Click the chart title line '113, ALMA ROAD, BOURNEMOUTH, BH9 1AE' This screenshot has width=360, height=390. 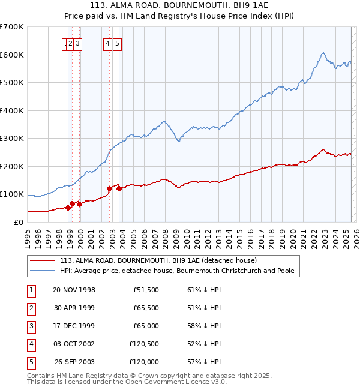180,5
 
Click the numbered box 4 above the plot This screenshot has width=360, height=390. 107,43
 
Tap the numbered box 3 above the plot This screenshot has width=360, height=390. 79,43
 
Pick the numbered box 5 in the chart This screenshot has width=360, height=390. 117,43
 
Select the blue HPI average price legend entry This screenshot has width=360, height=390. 177,271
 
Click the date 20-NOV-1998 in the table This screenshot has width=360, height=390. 74,290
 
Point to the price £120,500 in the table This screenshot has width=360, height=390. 143,344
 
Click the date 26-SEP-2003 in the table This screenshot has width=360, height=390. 74,362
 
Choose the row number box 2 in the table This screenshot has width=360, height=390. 31,308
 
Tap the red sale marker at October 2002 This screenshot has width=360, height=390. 109,188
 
